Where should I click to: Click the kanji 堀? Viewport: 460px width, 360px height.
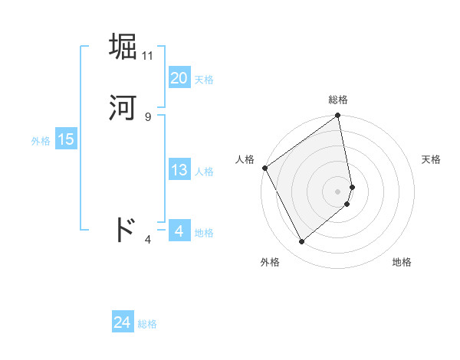coord(123,47)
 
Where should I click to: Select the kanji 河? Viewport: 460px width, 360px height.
coord(123,108)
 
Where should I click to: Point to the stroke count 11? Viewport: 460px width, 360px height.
coord(148,56)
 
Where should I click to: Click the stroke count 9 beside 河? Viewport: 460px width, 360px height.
coord(148,116)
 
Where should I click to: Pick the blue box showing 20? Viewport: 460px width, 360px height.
coord(179,78)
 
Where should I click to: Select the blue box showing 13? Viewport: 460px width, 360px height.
coord(179,170)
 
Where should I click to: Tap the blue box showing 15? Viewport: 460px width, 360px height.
coord(65,139)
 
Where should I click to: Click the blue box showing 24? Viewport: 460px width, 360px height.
coord(122,323)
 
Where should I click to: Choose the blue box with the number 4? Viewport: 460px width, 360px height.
coord(179,231)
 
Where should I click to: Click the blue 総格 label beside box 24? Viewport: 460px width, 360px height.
coord(147,325)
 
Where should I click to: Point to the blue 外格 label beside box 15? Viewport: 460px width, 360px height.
coord(40,141)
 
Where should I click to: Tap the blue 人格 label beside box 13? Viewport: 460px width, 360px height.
coord(204,172)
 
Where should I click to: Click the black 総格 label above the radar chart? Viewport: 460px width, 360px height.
coord(338,100)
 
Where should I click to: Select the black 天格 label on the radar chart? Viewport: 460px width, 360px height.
coord(432,159)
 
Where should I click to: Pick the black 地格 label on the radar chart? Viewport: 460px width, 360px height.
coord(402,262)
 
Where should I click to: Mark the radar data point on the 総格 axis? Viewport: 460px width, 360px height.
coord(338,117)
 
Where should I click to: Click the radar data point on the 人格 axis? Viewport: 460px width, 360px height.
coord(264,168)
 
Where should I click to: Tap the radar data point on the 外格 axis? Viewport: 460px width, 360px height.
coord(301,242)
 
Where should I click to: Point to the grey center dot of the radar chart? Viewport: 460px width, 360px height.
coord(338,191)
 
